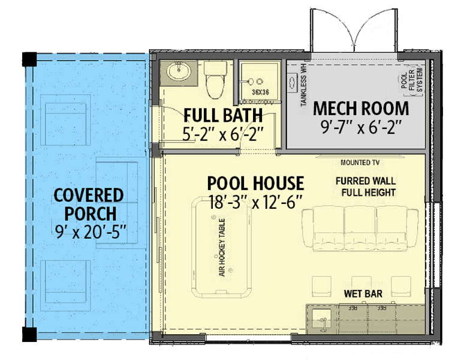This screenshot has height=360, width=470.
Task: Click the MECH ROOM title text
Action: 361,109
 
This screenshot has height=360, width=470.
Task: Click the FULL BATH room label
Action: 223,115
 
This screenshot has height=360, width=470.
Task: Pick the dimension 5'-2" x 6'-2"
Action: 223,133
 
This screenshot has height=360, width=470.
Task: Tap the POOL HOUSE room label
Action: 255,183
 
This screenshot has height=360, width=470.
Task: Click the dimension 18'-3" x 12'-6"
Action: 255,202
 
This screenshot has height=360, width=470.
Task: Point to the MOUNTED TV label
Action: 361,163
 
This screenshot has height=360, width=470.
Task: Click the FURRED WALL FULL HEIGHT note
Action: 369,187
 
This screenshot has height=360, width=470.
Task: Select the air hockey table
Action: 221,247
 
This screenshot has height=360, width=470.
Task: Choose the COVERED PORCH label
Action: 89,204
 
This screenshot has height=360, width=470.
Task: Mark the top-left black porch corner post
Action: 28,59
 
